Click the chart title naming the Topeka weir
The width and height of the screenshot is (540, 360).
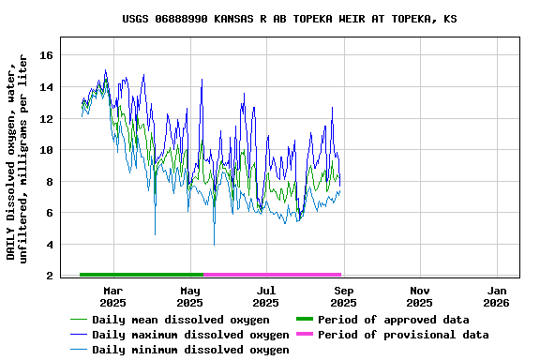coord(290,19)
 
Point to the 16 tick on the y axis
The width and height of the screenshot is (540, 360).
coord(45,55)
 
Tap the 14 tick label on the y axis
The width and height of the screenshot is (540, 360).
coord(45,87)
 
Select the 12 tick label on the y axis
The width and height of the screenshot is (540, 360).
coord(45,119)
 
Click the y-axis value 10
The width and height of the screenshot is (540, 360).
coord(45,150)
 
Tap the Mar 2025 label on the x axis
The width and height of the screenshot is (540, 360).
coord(112,296)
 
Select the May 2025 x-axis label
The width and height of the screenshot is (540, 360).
coord(189,296)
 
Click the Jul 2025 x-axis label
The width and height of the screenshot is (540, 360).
coord(266,296)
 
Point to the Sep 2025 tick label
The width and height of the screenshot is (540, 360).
coord(343,296)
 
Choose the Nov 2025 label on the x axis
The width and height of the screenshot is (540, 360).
coord(420,296)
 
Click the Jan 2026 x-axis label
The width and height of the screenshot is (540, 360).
coord(497,296)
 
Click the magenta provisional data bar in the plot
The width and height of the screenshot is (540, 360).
coord(272,275)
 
